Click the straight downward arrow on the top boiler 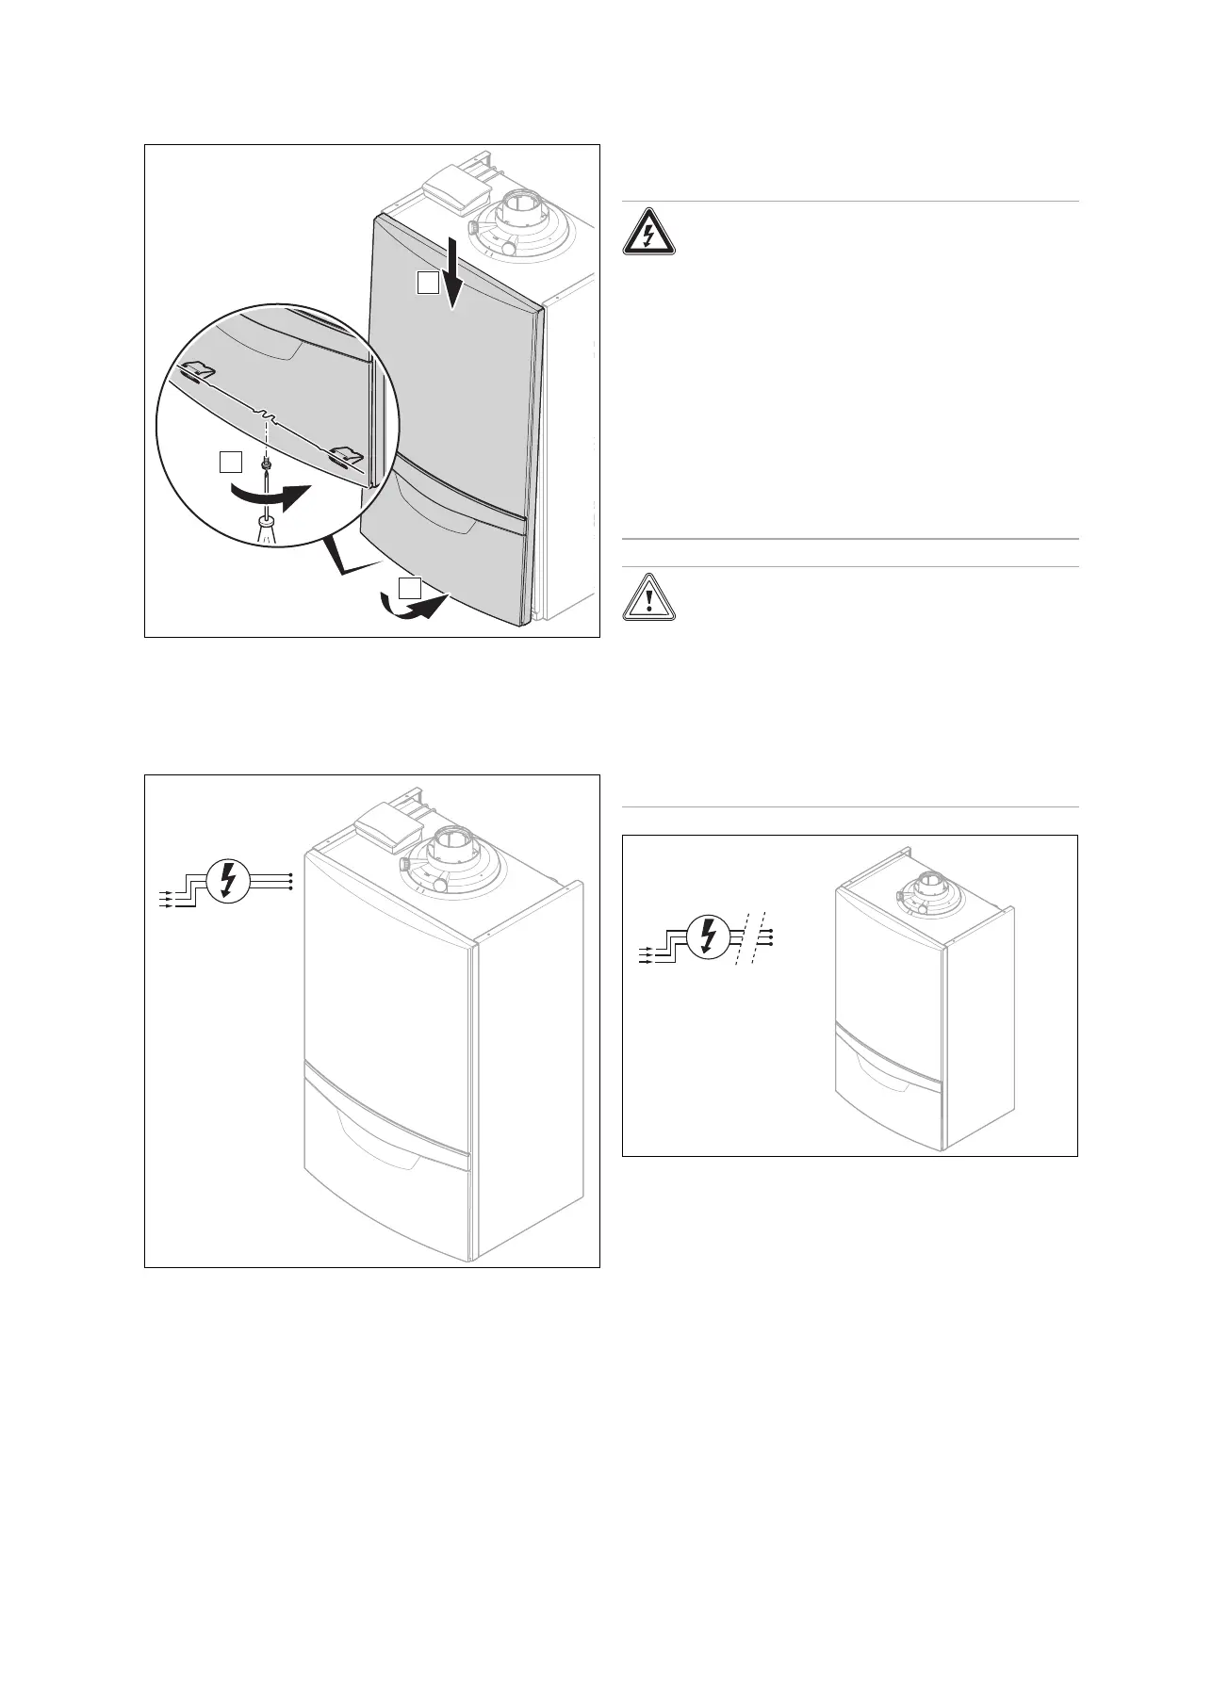coord(454,272)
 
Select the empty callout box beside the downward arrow coord(428,283)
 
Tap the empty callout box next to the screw coord(229,461)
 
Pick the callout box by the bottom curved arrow coord(408,589)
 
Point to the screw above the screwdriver coord(268,464)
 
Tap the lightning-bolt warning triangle coord(647,232)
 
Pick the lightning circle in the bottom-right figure coord(707,937)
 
